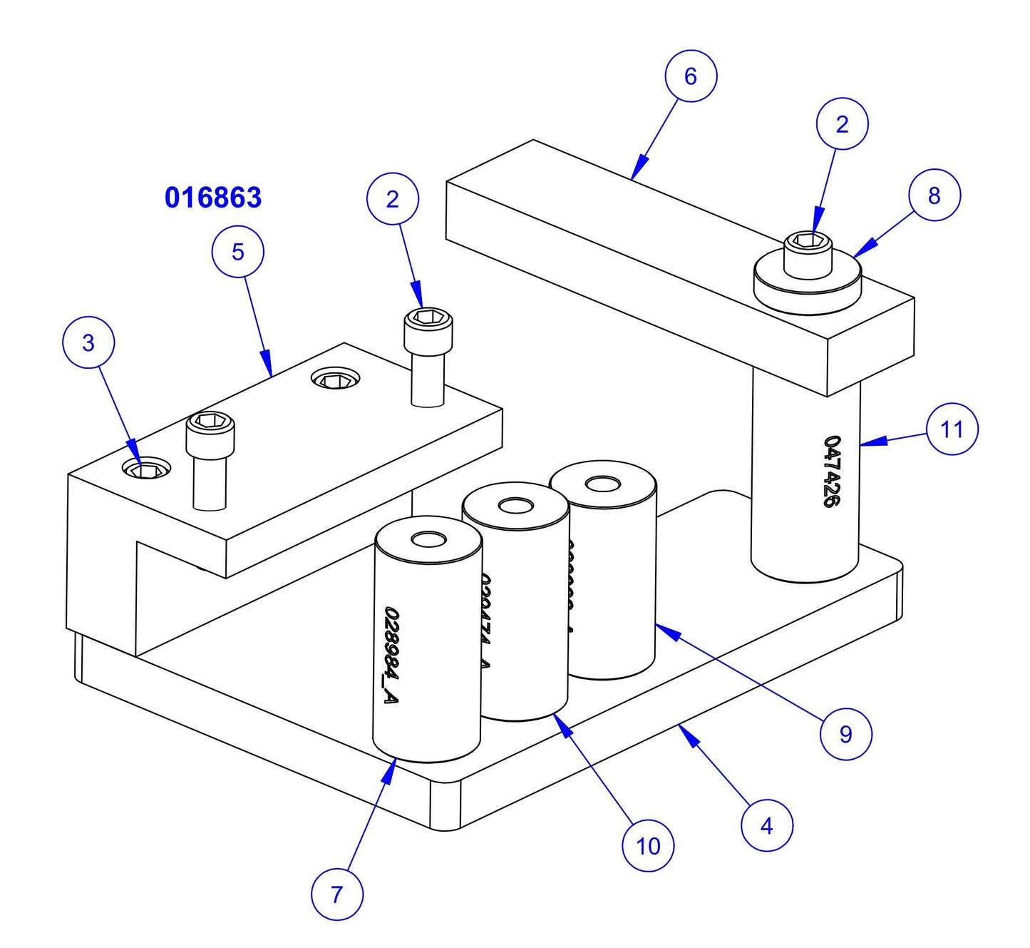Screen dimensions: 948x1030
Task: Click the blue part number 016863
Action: (212, 198)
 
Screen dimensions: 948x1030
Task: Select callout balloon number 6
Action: (690, 76)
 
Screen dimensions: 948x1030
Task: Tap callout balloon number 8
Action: (934, 195)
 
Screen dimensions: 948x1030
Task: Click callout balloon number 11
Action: (952, 429)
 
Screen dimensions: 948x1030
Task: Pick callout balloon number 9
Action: (845, 734)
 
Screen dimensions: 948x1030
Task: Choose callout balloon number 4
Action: (766, 826)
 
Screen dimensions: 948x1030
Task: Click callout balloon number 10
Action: (647, 846)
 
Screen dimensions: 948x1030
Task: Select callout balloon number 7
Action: (336, 894)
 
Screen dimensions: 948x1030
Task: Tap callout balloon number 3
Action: (88, 343)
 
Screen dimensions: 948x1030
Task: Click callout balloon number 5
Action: (237, 251)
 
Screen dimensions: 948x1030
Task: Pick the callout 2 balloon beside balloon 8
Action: (841, 125)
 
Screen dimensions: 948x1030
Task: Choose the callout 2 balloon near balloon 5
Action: (392, 200)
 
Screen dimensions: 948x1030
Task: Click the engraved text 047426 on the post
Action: (831, 472)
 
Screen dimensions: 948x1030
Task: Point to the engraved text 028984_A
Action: (390, 656)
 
